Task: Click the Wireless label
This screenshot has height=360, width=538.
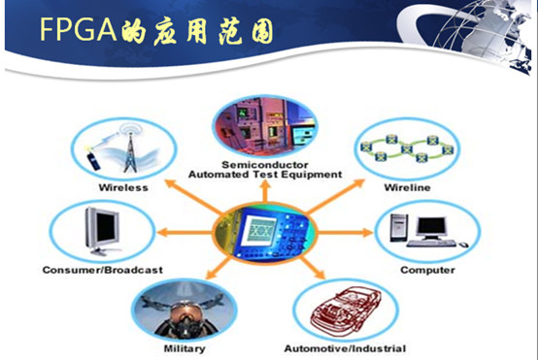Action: click(x=123, y=187)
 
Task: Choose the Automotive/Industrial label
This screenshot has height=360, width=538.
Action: click(x=344, y=347)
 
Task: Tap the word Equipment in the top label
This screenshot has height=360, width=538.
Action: click(x=314, y=175)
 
